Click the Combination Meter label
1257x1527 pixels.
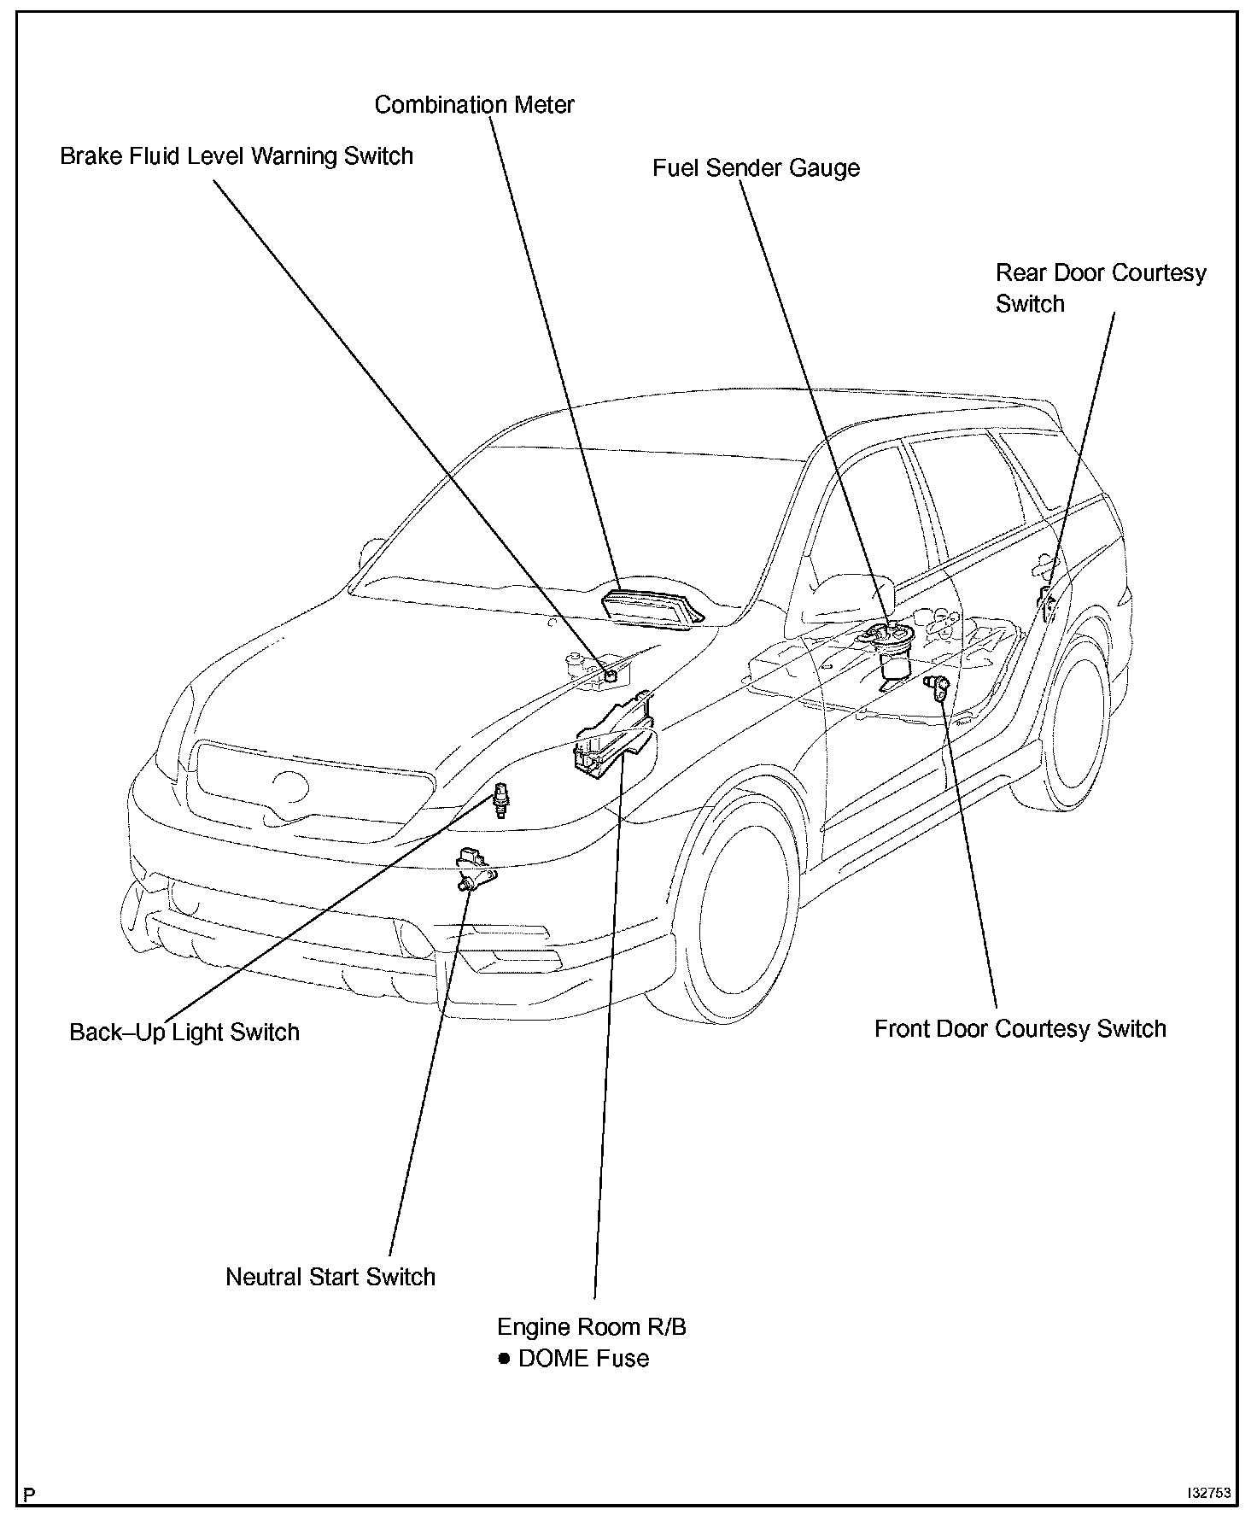[x=474, y=105]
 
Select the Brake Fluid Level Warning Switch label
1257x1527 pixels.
[x=237, y=156]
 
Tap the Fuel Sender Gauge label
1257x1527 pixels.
[x=756, y=167]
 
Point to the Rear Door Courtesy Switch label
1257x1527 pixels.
[x=1100, y=289]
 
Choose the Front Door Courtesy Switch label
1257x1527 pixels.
[x=1020, y=1028]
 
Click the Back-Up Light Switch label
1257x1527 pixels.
[x=184, y=1032]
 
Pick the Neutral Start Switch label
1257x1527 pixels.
[x=330, y=1277]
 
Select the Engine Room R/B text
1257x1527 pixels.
[x=592, y=1326]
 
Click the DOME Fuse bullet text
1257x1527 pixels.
[x=583, y=1358]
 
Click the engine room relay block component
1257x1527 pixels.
[x=613, y=738]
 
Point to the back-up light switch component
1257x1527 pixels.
[x=501, y=799]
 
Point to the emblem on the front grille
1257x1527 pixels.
[x=290, y=787]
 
